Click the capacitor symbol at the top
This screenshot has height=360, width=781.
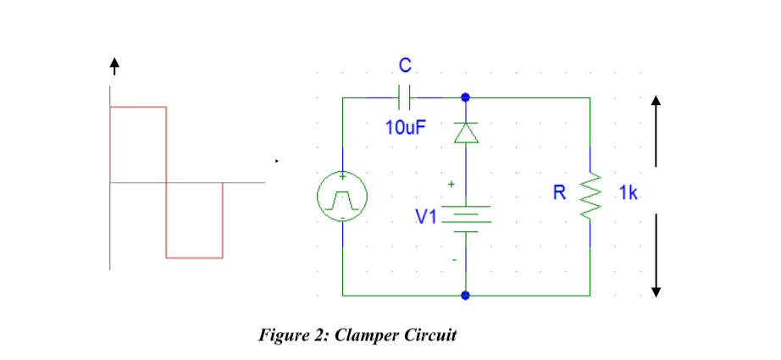(404, 97)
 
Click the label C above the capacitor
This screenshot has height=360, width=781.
(405, 65)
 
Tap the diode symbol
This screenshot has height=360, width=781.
(464, 133)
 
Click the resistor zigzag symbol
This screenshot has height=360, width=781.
(590, 196)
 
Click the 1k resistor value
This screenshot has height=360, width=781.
(628, 192)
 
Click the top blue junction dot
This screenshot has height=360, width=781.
(464, 97)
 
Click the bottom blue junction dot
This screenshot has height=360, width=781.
(464, 296)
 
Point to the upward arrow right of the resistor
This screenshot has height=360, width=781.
(655, 127)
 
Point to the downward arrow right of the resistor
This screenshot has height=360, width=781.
(655, 254)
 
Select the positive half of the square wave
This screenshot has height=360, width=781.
(138, 144)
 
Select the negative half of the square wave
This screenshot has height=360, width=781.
(194, 219)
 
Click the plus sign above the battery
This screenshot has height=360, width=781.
(451, 183)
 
